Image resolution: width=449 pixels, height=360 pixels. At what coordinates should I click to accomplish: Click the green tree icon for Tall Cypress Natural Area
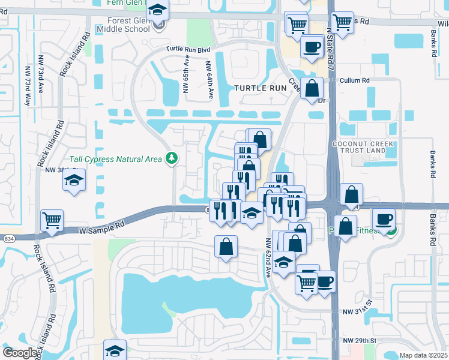[x=173, y=158]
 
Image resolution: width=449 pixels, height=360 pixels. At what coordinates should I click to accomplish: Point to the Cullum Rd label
[x=357, y=80]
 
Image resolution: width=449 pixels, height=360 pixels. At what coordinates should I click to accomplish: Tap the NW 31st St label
[x=358, y=312]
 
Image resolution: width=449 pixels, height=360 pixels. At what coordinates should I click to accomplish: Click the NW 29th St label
[x=359, y=340]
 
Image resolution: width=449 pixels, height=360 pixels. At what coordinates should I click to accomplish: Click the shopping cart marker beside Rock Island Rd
[x=52, y=220]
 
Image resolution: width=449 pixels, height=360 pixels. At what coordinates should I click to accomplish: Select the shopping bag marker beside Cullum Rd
[x=312, y=89]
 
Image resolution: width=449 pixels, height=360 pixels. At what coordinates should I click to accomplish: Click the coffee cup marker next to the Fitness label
[x=384, y=219]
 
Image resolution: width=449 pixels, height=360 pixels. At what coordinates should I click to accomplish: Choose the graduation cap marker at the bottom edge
[x=115, y=350]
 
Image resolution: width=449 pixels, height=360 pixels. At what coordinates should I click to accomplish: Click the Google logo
[x=20, y=353]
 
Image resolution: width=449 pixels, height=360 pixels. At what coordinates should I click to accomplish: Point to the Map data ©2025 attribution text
[x=424, y=355]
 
